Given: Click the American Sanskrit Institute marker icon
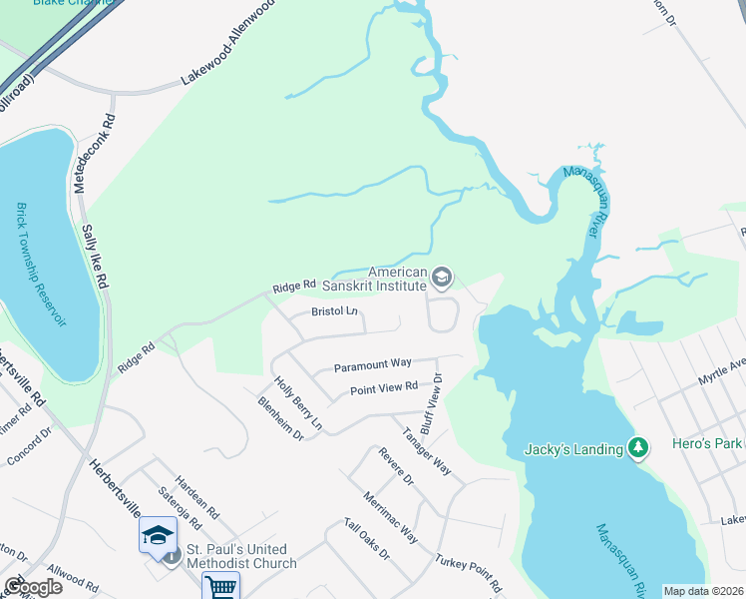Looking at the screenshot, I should pyautogui.click(x=442, y=276).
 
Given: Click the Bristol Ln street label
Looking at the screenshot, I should pyautogui.click(x=334, y=311).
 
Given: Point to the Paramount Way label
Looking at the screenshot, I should pyautogui.click(x=373, y=363).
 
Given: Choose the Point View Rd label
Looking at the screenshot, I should pyautogui.click(x=383, y=388).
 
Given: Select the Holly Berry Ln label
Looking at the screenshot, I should pyautogui.click(x=299, y=403).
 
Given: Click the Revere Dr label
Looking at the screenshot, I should pyautogui.click(x=396, y=466).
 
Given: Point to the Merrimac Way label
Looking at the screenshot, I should pyautogui.click(x=390, y=516).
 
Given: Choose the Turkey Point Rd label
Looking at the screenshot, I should pyautogui.click(x=468, y=572).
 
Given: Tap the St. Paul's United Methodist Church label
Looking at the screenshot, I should pyautogui.click(x=240, y=556).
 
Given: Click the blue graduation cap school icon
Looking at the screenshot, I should pyautogui.click(x=157, y=535).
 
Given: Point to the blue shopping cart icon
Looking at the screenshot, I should pyautogui.click(x=220, y=587).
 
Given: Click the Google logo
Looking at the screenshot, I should pyautogui.click(x=33, y=587).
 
